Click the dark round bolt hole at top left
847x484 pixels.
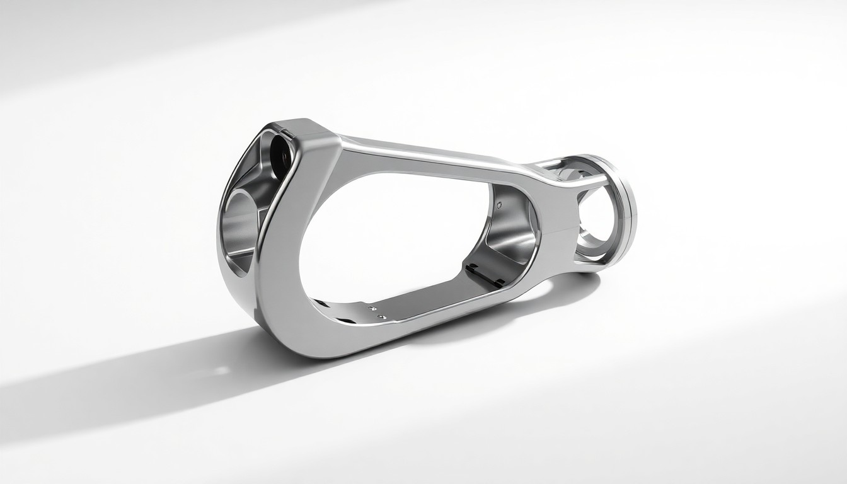[278, 151]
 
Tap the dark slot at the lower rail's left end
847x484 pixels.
[321, 304]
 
